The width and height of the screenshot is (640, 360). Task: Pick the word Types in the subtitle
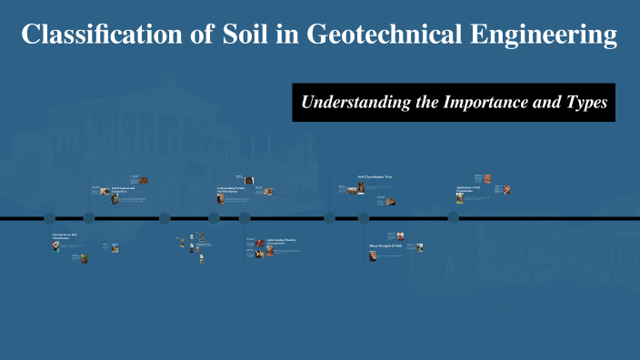(584, 103)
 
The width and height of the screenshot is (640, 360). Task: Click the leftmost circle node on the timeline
(50, 218)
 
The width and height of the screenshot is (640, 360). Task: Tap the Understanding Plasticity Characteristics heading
(277, 243)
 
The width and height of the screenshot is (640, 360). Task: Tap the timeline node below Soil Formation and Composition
(89, 218)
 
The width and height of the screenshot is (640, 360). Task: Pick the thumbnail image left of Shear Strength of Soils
(373, 256)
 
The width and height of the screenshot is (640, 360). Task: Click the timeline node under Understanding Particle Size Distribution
(215, 218)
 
